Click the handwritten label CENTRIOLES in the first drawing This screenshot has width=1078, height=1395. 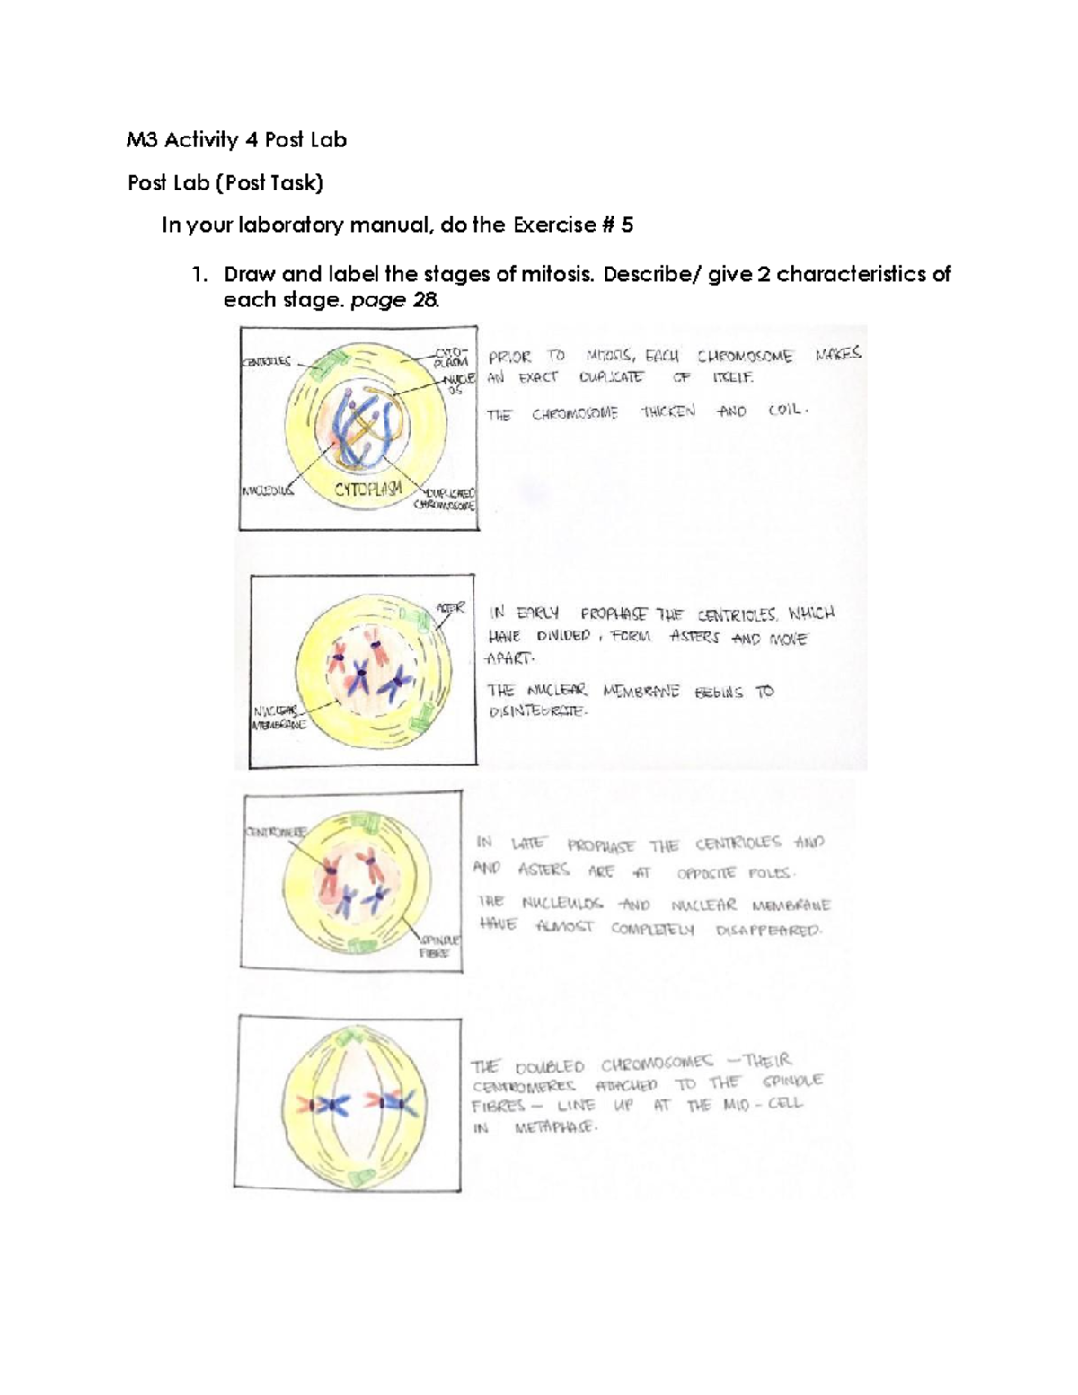(x=266, y=362)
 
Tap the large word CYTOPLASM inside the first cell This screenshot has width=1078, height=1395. (x=368, y=490)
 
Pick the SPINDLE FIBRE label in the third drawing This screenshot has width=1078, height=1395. (x=439, y=946)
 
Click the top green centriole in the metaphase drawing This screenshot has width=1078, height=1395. (x=345, y=1041)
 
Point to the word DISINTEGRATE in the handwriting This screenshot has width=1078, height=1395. (x=536, y=711)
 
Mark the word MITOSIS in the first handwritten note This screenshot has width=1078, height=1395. (x=608, y=356)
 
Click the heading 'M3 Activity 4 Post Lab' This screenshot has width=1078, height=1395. (x=236, y=140)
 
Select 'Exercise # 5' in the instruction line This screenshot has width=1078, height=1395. (x=573, y=225)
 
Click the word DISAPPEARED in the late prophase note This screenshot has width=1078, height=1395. (x=768, y=931)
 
